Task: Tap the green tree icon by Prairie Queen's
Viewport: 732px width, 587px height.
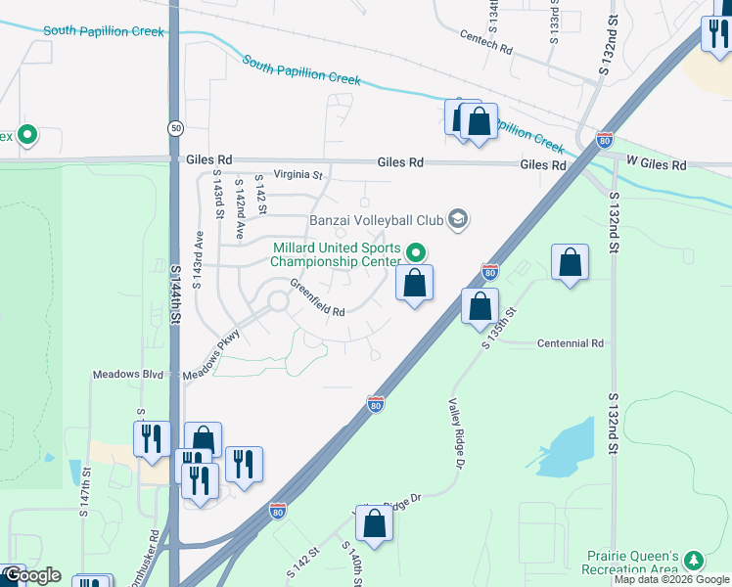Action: tap(694, 560)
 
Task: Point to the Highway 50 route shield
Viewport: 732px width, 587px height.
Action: tap(175, 128)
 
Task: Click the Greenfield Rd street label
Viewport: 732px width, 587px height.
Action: tap(318, 298)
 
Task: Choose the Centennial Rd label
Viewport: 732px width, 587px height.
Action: tap(571, 343)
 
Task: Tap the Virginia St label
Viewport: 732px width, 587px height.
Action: tap(297, 175)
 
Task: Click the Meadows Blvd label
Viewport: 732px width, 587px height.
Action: tap(127, 375)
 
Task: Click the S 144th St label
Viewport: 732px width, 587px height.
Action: tap(176, 293)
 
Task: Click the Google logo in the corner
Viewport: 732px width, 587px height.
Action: tap(32, 574)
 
